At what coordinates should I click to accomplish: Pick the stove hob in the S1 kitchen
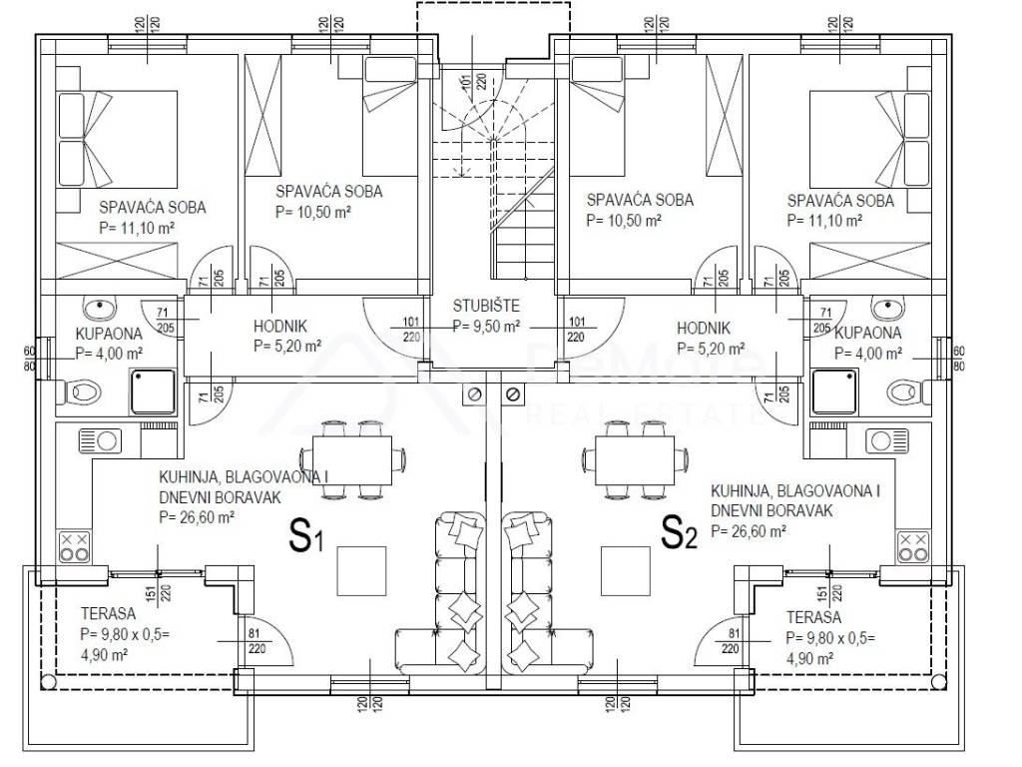pyautogui.click(x=74, y=545)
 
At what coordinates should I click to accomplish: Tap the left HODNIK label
pyautogui.click(x=270, y=327)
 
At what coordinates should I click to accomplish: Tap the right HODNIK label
pyautogui.click(x=704, y=327)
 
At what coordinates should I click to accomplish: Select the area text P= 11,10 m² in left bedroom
pyautogui.click(x=139, y=227)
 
